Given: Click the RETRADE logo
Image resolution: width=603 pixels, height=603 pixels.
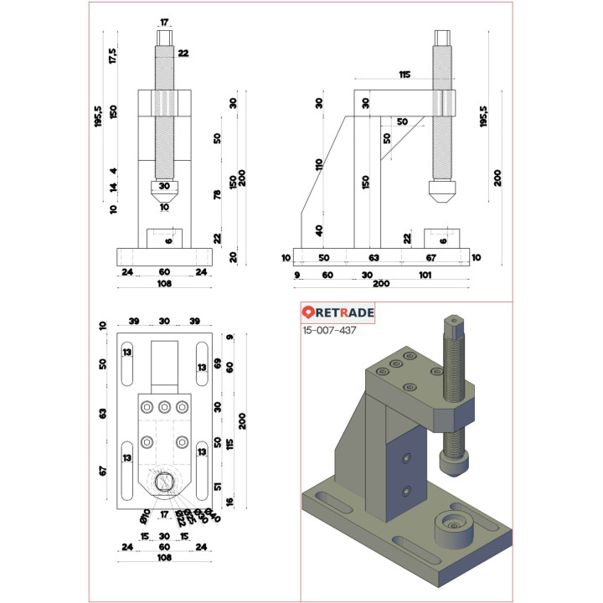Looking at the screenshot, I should pyautogui.click(x=338, y=312).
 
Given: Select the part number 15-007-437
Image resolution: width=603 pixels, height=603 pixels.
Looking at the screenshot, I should pyautogui.click(x=329, y=331).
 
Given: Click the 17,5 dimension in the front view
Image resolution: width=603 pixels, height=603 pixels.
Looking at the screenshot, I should pyautogui.click(x=113, y=56).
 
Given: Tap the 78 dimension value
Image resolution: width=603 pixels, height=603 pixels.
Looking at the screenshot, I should pyautogui.click(x=218, y=195).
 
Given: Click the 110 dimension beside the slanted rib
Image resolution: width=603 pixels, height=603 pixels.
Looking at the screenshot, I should pyautogui.click(x=318, y=164).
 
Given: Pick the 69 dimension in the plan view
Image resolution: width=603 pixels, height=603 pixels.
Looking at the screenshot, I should pyautogui.click(x=218, y=363).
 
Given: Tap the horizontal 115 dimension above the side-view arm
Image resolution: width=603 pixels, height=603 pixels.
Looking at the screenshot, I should pyautogui.click(x=405, y=75).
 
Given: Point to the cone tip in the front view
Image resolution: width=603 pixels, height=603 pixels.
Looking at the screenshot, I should pyautogui.click(x=164, y=201).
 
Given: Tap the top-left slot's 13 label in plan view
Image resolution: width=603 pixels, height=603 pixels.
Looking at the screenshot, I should pyautogui.click(x=127, y=353).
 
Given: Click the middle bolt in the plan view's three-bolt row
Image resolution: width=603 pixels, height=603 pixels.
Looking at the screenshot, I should pyautogui.click(x=164, y=408).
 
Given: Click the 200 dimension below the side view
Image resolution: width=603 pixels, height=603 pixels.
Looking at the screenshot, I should pyautogui.click(x=381, y=285).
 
